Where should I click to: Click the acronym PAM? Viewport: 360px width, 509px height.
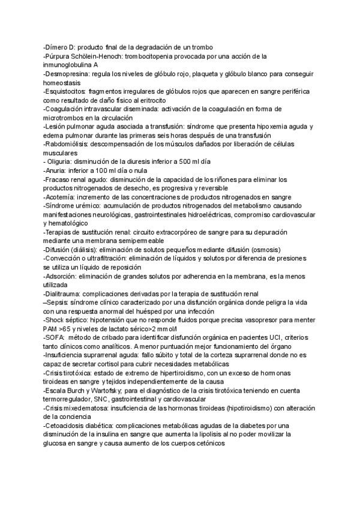(52, 330)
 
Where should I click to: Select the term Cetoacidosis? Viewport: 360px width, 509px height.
(67, 426)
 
